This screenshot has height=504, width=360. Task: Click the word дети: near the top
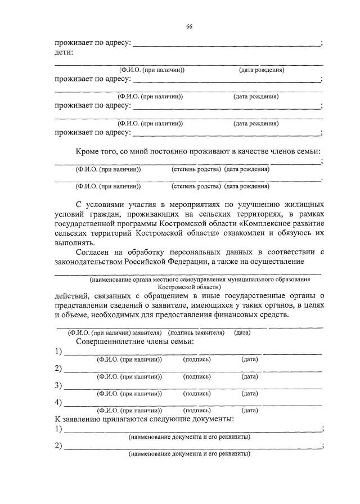click(64, 52)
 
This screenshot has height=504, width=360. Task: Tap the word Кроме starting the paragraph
click(89, 151)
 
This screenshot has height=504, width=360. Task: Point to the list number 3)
click(58, 385)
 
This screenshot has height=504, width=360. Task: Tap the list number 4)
click(58, 402)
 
